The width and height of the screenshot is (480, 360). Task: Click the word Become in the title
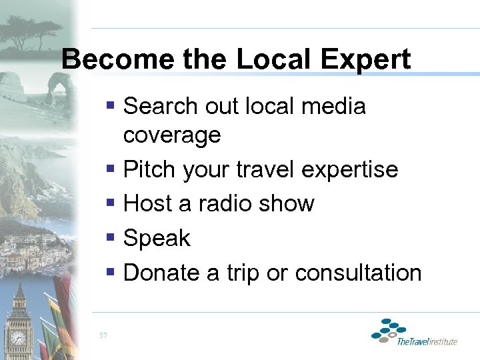107,60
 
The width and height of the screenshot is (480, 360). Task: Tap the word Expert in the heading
366,60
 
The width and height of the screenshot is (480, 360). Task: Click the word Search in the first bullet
161,106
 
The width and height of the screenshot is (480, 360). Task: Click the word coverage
172,135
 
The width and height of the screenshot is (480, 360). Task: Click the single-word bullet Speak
157,238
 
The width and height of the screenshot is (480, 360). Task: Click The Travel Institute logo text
427,342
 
